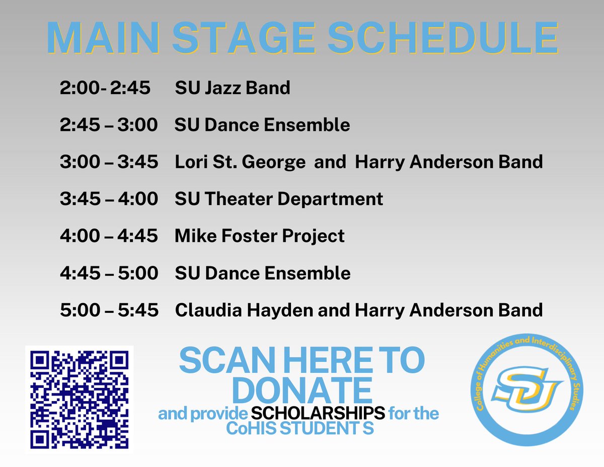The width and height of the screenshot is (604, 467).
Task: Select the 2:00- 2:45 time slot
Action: click(105, 88)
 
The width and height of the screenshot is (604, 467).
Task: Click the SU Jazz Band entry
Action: click(233, 88)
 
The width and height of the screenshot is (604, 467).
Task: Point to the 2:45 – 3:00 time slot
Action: click(108, 125)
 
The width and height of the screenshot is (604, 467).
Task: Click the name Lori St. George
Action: click(240, 162)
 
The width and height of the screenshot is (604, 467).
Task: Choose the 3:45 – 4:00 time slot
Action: click(108, 199)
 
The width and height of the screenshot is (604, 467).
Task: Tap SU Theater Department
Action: click(278, 199)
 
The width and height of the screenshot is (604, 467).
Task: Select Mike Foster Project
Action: click(259, 236)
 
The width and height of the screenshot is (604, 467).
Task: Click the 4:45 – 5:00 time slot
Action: click(108, 273)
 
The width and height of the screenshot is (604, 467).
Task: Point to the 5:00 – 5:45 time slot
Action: click(108, 310)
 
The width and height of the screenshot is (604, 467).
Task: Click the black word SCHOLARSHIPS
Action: click(318, 414)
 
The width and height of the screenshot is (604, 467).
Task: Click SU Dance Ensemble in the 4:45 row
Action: click(262, 273)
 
